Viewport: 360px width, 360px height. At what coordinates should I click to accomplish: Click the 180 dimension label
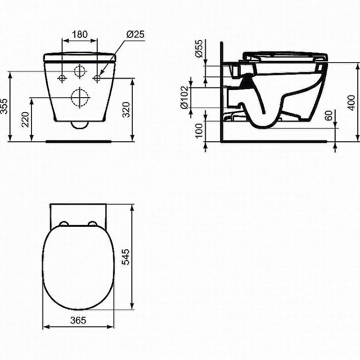(x=80, y=35)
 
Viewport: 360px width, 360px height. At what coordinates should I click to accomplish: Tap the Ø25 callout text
(x=135, y=35)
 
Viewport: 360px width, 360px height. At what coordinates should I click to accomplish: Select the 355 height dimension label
(x=4, y=106)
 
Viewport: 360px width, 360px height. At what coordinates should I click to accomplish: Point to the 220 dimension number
(x=25, y=119)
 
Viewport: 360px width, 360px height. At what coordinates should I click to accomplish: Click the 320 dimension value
(x=126, y=110)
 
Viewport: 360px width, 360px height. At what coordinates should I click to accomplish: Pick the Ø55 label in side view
(x=199, y=49)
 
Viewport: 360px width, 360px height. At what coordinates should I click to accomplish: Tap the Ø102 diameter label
(x=184, y=98)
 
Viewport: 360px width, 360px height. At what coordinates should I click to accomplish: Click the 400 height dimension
(x=351, y=103)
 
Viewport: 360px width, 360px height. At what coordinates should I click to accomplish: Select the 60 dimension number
(x=329, y=116)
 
